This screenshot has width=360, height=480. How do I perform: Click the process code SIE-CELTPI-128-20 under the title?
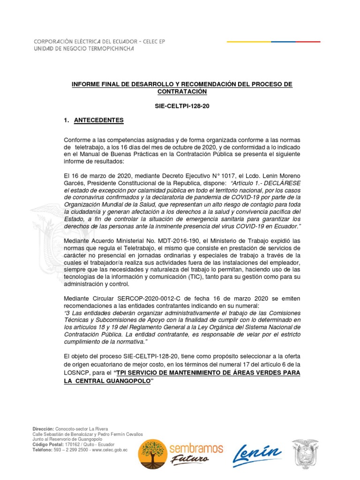click(x=182, y=106)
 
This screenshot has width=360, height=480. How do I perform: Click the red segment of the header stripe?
click(x=305, y=42)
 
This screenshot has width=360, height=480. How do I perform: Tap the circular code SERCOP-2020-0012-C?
click(x=128, y=298)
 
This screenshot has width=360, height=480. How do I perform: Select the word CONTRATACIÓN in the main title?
click(x=181, y=91)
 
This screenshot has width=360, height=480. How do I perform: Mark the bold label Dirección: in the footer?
click(x=43, y=429)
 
